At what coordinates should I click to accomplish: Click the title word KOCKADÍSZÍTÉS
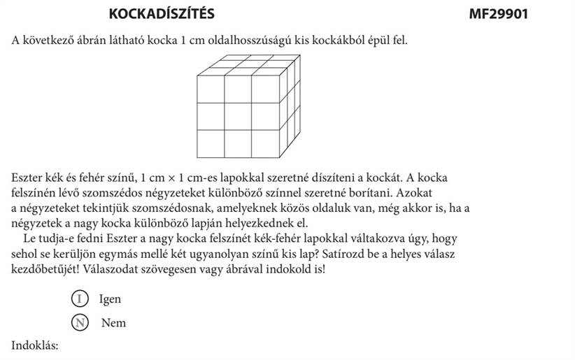tap(162, 14)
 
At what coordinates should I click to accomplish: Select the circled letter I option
tap(81, 298)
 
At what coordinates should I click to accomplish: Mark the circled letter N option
tap(81, 323)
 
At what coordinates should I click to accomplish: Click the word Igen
tap(110, 299)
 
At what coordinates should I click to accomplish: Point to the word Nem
tap(113, 324)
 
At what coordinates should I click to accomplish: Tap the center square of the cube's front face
tap(238, 116)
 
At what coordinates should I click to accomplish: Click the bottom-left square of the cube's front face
tap(211, 143)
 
